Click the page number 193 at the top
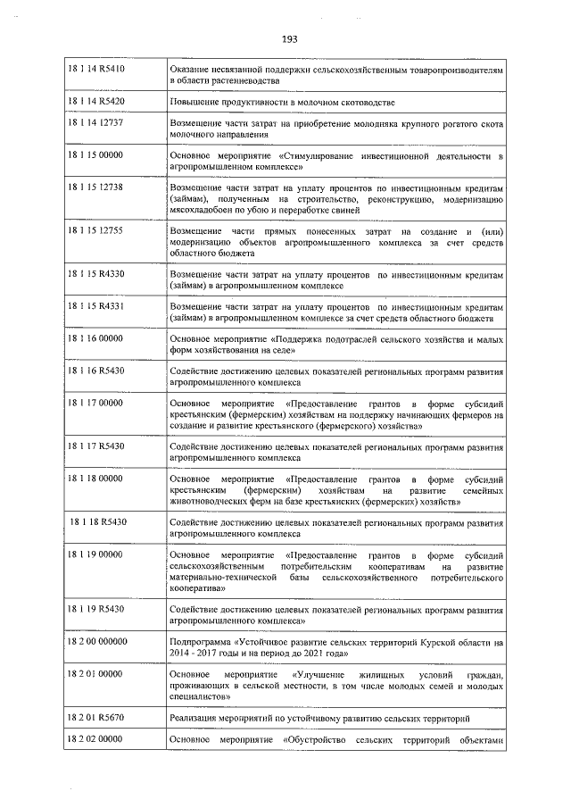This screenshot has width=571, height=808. [x=288, y=37]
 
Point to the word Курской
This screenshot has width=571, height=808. [x=428, y=641]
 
